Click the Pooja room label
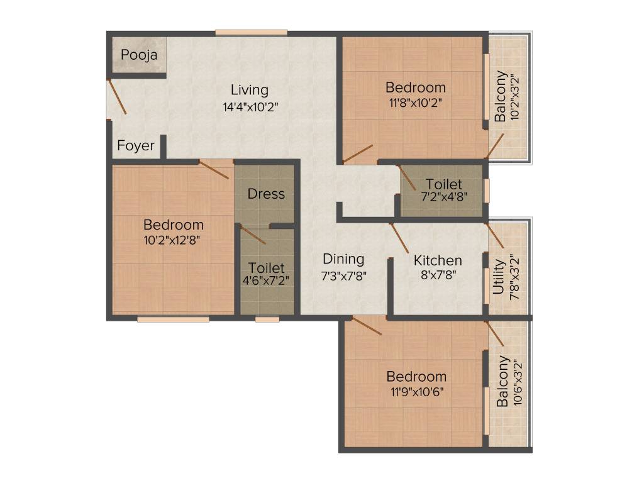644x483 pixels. click(x=139, y=55)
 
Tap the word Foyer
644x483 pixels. click(x=136, y=146)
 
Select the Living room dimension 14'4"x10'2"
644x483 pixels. click(x=250, y=106)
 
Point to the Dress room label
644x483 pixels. click(x=266, y=194)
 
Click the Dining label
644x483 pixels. click(x=343, y=258)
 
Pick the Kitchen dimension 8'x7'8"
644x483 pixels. click(x=438, y=274)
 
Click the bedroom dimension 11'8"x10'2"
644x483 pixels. click(x=416, y=104)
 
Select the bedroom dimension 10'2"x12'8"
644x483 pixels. click(x=173, y=240)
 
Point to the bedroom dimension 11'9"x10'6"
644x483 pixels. click(x=416, y=391)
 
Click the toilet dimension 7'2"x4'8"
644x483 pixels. click(x=444, y=196)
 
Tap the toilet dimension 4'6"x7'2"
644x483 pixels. click(x=266, y=280)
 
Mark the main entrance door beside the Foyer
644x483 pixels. click(x=117, y=96)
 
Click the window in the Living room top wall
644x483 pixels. click(x=251, y=32)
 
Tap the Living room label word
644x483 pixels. click(x=249, y=90)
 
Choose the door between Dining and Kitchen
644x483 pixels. click(x=399, y=237)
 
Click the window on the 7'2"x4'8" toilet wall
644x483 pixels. click(x=486, y=191)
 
